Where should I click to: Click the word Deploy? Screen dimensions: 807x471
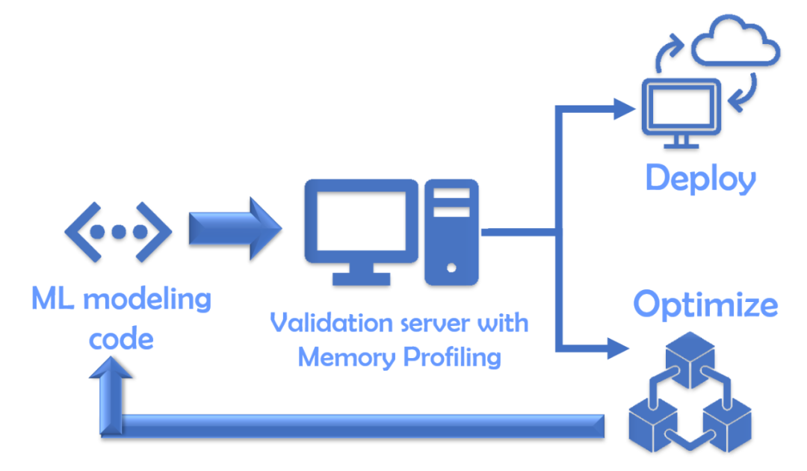click(x=700, y=179)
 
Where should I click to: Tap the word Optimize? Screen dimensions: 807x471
click(x=705, y=304)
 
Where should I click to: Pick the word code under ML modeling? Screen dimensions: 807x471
click(x=121, y=339)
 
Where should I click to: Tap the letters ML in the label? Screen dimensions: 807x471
click(x=53, y=298)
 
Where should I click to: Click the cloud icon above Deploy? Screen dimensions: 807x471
click(x=735, y=40)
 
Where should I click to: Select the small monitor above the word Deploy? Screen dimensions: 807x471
click(x=681, y=113)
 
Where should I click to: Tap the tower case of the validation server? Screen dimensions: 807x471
click(x=451, y=232)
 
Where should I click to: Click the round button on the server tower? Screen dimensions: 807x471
click(x=451, y=268)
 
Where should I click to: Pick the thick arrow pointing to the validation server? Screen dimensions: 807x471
click(x=235, y=229)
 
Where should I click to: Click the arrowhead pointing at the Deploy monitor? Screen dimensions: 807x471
click(x=624, y=108)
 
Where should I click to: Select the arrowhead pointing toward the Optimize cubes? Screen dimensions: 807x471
click(x=618, y=348)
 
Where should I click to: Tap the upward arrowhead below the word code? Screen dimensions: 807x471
click(x=111, y=369)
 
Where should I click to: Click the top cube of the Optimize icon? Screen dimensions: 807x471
click(x=690, y=359)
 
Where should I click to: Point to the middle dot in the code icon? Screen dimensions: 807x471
click(x=119, y=233)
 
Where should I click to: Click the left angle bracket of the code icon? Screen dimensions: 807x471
click(x=83, y=233)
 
